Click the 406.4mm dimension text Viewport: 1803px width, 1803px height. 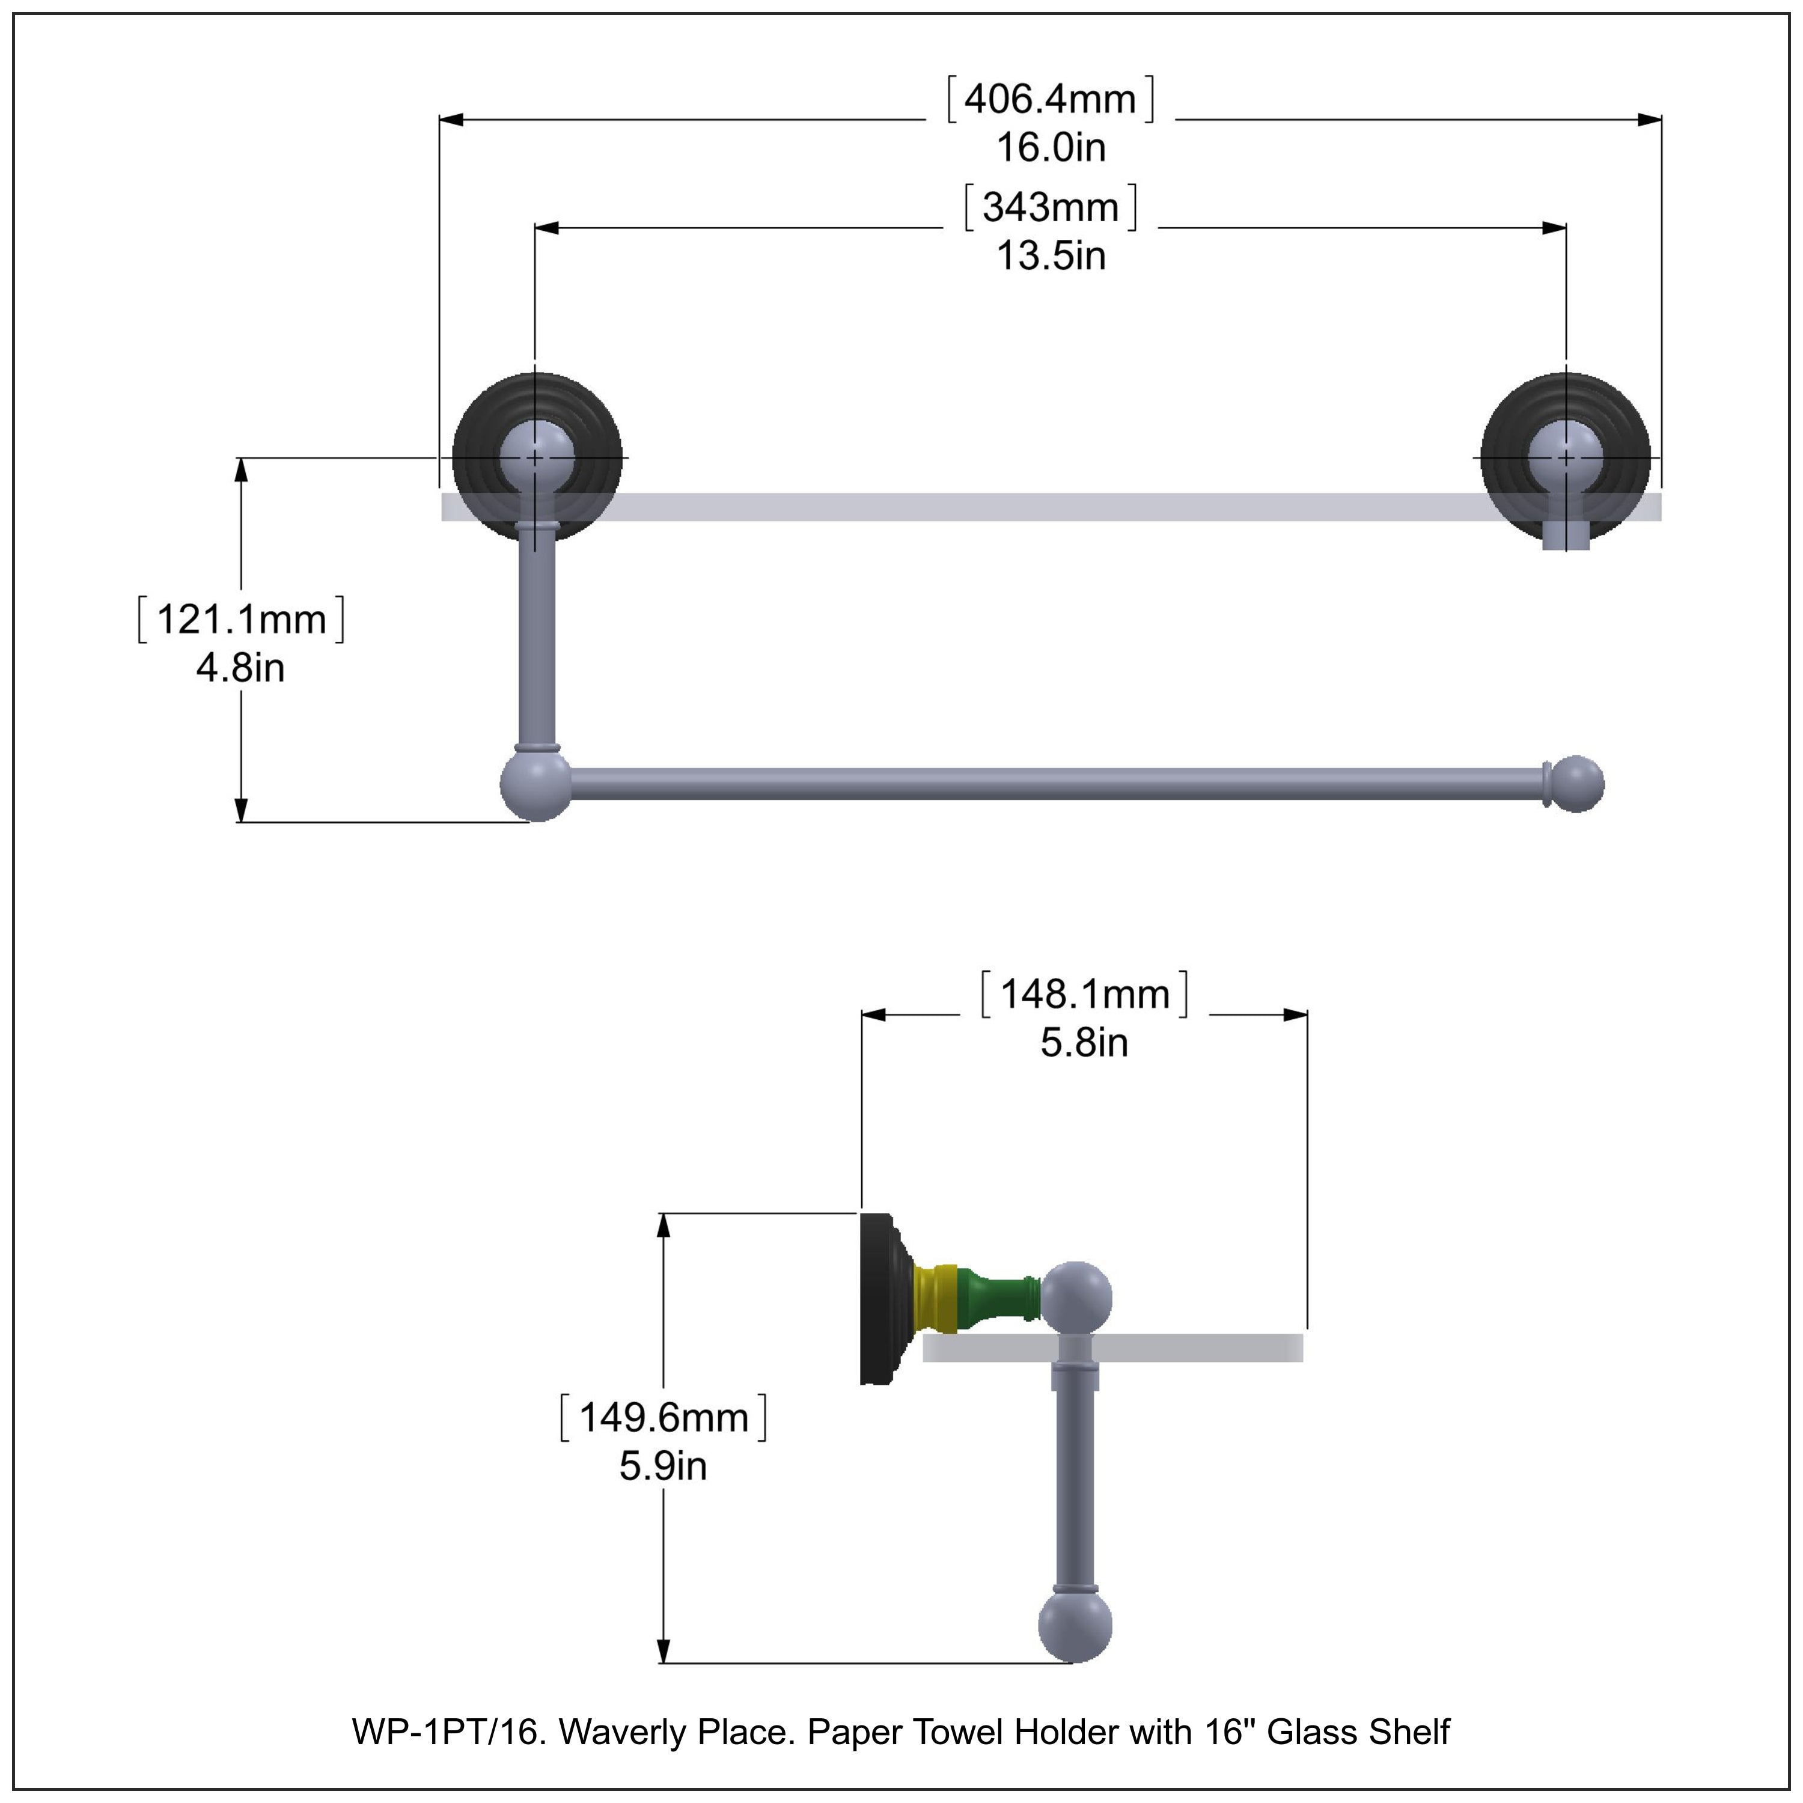tap(1050, 99)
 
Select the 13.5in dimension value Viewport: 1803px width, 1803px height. tap(1051, 255)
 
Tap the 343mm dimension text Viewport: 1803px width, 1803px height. tap(1050, 207)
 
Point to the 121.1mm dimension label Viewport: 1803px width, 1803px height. tap(241, 620)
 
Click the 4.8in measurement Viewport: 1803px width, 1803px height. tap(241, 668)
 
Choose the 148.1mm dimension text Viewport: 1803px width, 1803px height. tap(1084, 995)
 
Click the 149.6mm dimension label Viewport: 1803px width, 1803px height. tap(664, 1418)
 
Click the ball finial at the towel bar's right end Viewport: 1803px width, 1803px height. tap(1577, 784)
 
